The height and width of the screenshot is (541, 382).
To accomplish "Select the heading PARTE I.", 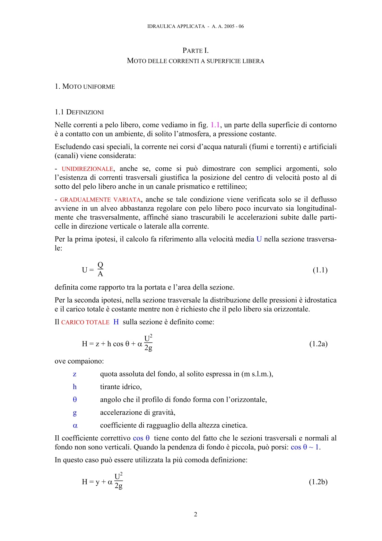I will (x=195, y=50).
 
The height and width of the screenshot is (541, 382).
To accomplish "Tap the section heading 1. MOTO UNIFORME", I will (x=85, y=86).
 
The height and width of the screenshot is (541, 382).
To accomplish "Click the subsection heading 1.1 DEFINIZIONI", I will (x=79, y=112).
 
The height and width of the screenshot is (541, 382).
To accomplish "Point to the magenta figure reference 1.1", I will (x=215, y=125).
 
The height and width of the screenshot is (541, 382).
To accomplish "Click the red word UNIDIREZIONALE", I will (x=87, y=169).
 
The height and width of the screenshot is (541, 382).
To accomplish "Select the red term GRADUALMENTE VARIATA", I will (x=100, y=200).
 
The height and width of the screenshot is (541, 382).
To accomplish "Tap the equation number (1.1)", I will (x=320, y=270).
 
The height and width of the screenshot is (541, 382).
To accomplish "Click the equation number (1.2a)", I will (x=318, y=344).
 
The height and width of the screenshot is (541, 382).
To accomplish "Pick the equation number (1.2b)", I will (x=318, y=482).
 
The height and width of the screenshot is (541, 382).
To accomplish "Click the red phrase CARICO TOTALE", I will (x=85, y=322).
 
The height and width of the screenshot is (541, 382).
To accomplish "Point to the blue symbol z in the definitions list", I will (x=74, y=374).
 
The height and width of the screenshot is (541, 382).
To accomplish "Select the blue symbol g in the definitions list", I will (x=75, y=412).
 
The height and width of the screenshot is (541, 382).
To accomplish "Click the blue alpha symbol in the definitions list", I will (x=75, y=425).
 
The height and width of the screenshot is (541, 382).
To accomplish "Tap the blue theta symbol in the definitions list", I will (x=75, y=400).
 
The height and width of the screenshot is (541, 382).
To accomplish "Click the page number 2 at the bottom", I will (x=195, y=514).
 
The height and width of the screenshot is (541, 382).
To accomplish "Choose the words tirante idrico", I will (x=121, y=387).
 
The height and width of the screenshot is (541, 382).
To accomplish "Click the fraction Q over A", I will (x=100, y=270).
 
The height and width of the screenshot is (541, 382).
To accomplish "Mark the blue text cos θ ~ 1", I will (x=305, y=447).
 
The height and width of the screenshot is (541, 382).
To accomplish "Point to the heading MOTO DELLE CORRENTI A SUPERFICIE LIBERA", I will (x=195, y=61).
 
